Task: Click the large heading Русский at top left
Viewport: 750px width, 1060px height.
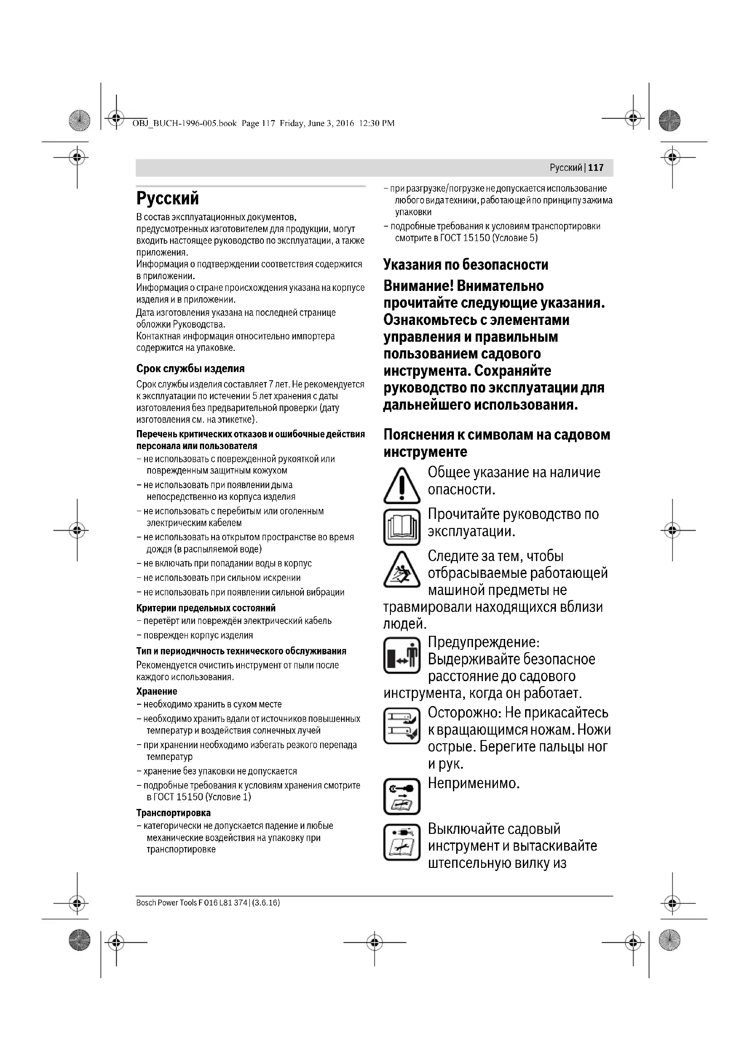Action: coord(168,198)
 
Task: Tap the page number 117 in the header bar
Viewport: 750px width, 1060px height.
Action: coord(596,168)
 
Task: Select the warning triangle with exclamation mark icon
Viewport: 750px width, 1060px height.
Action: coord(401,485)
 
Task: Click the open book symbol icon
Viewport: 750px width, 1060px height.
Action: coord(401,527)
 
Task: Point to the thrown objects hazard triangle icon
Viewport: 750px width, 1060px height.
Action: coord(401,569)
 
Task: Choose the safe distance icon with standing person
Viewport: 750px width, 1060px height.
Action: coord(401,655)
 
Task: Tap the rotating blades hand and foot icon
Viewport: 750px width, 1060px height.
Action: coord(401,725)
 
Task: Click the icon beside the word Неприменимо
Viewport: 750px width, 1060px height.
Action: coord(401,796)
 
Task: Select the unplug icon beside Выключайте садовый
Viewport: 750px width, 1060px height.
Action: coord(401,842)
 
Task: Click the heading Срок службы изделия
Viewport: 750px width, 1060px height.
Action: coord(190,368)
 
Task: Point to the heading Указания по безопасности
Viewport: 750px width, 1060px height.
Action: coord(466,265)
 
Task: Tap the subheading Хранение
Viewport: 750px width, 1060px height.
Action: coord(156,691)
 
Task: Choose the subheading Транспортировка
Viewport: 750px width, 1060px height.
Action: coord(173,813)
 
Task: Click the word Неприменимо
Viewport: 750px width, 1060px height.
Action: coord(474,783)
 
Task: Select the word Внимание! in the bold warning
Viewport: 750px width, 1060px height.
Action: coord(418,286)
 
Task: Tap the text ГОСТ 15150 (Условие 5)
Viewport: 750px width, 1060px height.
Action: coord(489,238)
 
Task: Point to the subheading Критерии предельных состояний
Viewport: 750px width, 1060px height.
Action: coord(205,608)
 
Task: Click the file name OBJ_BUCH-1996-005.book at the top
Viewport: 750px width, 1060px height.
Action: coord(184,123)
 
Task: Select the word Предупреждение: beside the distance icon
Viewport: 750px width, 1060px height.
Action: coord(483,642)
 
